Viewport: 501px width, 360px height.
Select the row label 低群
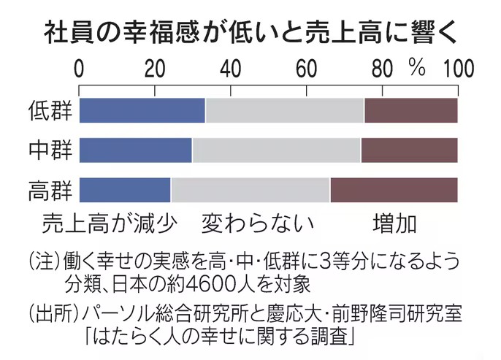[x=50, y=110]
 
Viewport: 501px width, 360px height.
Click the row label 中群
[x=50, y=150]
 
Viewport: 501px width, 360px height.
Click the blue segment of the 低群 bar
[x=142, y=110]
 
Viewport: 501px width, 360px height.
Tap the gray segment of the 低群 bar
[x=285, y=110]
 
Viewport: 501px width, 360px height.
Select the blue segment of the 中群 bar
[x=135, y=150]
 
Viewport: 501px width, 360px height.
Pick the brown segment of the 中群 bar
[x=409, y=150]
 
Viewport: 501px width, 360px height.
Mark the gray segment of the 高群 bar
[x=250, y=190]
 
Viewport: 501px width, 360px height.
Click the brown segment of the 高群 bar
[x=394, y=190]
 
